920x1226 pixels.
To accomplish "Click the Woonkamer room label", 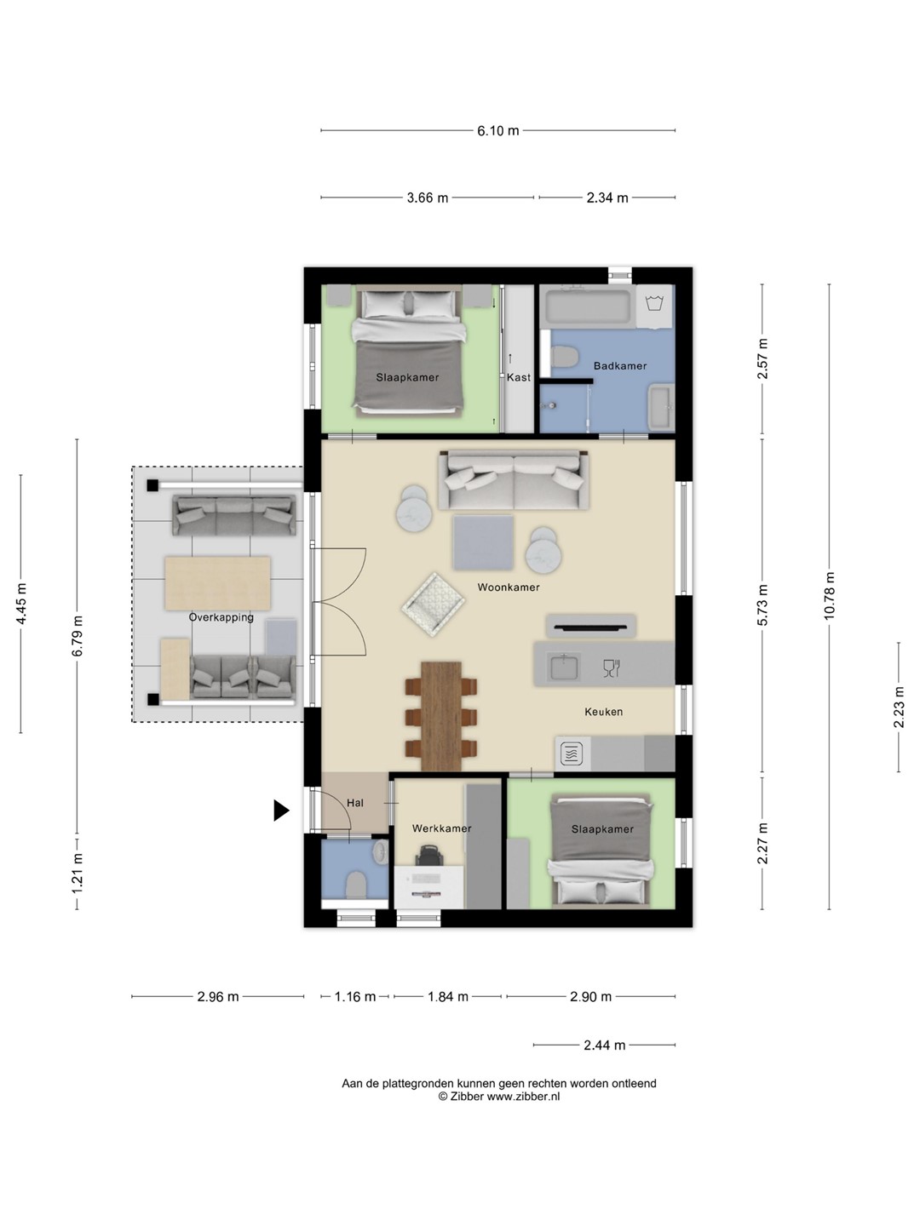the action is click(509, 587).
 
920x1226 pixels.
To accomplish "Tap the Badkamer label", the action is click(620, 366).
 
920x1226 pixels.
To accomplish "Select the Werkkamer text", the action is click(442, 828).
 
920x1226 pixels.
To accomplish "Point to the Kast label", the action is click(519, 377).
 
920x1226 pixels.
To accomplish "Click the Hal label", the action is click(354, 803).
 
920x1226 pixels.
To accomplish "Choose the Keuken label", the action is click(603, 712).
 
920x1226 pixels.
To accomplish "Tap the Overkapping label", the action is click(221, 617).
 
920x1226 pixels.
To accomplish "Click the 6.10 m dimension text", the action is click(497, 131).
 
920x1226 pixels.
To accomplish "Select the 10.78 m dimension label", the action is click(829, 595).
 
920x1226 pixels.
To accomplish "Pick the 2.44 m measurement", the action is click(605, 1045).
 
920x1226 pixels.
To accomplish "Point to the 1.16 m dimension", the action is click(354, 996).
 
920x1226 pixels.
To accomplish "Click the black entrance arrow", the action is click(281, 811).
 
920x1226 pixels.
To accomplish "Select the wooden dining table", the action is click(441, 717).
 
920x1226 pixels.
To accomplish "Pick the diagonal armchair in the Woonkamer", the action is click(433, 604).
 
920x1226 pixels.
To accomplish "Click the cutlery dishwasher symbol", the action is click(612, 668).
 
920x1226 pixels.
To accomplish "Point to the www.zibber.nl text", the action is click(523, 1096).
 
